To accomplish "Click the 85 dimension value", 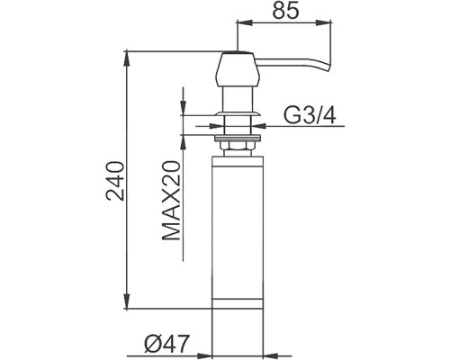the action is tap(285, 11).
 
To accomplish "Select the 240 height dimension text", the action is tap(115, 181).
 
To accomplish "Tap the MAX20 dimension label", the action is tap(171, 201).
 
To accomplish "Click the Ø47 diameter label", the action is tap(166, 344).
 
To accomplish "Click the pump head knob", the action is tap(237, 69).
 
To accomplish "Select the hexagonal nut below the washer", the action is tap(238, 146).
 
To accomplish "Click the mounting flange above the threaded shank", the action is tap(238, 113).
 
